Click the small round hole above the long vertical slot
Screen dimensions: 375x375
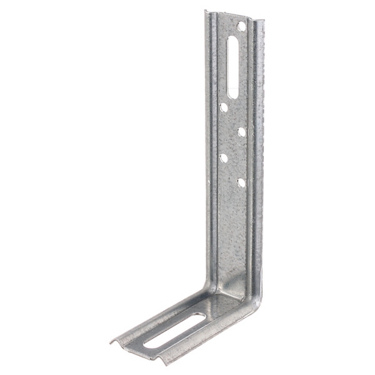241,26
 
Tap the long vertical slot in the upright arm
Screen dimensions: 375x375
232,66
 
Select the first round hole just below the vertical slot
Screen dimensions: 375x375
224,107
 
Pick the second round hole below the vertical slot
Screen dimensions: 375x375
241,132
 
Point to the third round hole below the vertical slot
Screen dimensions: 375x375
224,157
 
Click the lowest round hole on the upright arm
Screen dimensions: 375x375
241,182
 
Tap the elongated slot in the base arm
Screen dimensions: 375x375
174,329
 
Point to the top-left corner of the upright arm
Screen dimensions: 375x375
206,11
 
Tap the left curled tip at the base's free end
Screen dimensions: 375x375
112,342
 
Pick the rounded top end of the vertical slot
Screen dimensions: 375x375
232,39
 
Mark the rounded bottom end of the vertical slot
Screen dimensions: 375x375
233,94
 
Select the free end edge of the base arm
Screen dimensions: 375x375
136,351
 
